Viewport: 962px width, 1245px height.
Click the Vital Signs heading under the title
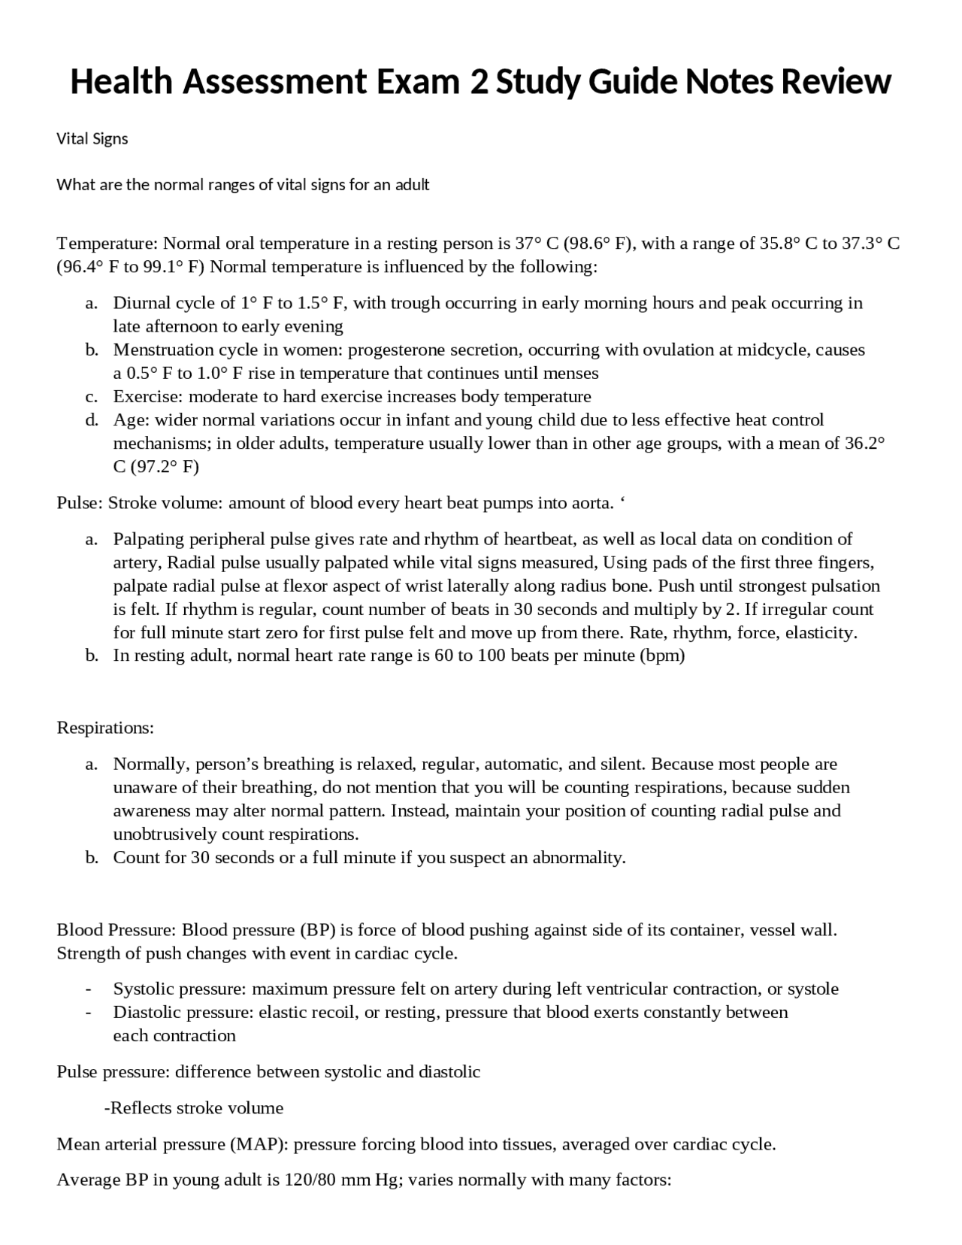92,139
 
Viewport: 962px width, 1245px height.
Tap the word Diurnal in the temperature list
143,303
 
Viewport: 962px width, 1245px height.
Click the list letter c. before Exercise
92,396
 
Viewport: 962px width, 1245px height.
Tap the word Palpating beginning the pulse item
149,539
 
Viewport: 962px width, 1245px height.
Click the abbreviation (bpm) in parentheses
662,656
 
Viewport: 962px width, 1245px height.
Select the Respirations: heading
105,728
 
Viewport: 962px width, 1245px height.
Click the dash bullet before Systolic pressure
89,989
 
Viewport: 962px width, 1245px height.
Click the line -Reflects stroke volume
193,1108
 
